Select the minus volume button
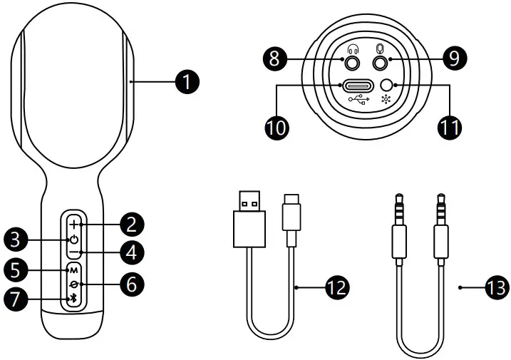tap(73, 252)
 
